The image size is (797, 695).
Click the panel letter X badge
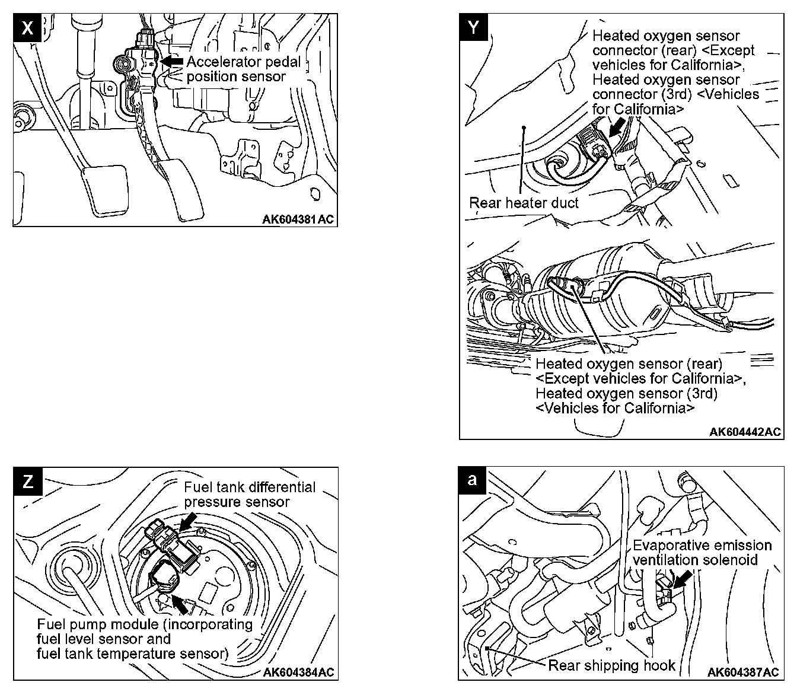point(27,28)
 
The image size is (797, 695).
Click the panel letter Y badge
point(474,28)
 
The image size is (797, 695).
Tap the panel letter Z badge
point(27,481)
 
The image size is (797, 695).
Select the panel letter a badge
point(473,480)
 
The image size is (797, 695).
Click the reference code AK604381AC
point(298,219)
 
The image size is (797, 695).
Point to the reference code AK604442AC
point(745,432)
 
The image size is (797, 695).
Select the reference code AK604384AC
point(298,672)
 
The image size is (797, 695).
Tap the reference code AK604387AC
point(743,672)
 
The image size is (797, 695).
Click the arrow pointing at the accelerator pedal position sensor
point(172,60)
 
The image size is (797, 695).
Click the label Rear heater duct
point(524,203)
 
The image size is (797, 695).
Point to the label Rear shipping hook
point(611,665)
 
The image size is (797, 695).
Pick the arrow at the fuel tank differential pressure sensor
point(188,520)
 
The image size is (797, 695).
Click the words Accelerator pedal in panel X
point(244,62)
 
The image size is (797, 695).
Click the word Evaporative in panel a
point(670,546)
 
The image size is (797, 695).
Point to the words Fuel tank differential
point(250,487)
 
